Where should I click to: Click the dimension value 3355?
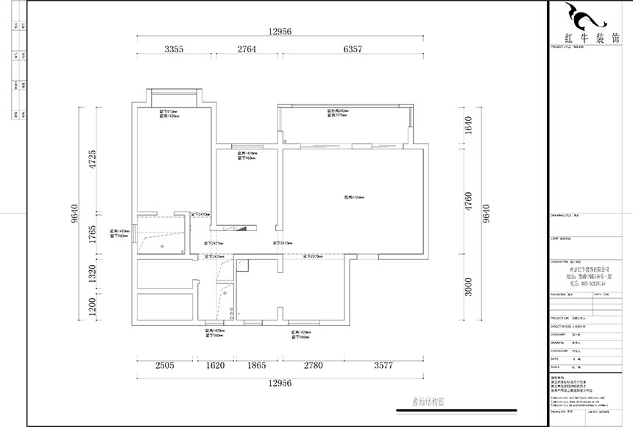tap(174, 49)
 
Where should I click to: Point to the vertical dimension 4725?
tap(93, 160)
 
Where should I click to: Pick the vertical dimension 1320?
tap(93, 274)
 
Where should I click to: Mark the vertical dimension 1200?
tap(93, 306)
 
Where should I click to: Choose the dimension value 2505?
tap(164, 365)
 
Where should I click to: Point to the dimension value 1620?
tap(215, 365)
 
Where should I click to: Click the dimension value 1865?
tap(257, 365)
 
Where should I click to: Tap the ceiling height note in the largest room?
tap(354, 197)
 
